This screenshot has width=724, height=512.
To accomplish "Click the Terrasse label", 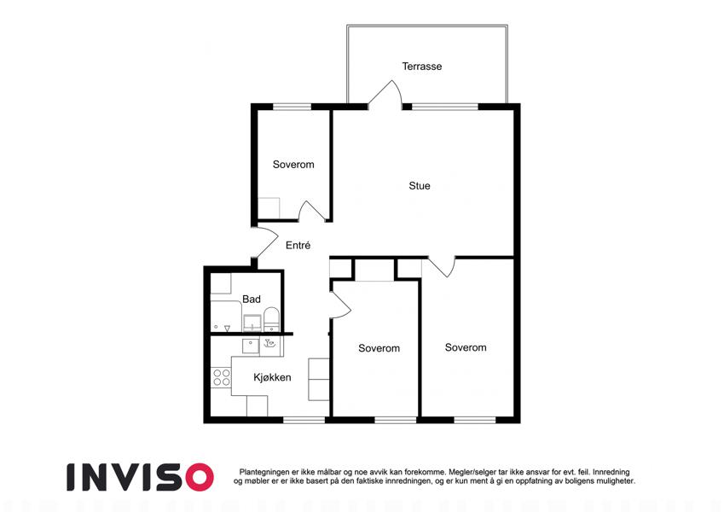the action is pos(421,67).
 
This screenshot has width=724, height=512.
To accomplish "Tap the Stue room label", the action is pos(420,186).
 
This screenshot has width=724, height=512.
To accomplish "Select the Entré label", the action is pos(298,246).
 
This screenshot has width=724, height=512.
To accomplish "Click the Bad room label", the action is pos(252,299).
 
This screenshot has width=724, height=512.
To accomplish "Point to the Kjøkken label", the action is pos(272,377).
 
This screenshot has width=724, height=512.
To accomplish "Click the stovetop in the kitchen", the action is pos(221,377).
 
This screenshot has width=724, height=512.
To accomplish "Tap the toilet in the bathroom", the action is pos(271,319).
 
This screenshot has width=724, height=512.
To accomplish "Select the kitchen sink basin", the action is pos(251,346).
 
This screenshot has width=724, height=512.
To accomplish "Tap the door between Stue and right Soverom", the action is pos(442,266).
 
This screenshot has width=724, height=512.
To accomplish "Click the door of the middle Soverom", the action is pos(340,305).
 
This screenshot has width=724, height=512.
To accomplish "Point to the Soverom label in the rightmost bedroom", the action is pos(466,347).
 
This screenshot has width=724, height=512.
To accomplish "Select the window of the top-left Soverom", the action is pos(292,107).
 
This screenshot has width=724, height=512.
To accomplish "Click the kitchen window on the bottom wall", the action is pos(304,420).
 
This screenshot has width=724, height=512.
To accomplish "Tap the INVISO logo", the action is pos(140,477).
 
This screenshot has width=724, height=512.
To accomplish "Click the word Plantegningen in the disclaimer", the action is pos(265,472).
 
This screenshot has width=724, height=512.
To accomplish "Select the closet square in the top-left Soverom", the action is pos(269,208).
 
